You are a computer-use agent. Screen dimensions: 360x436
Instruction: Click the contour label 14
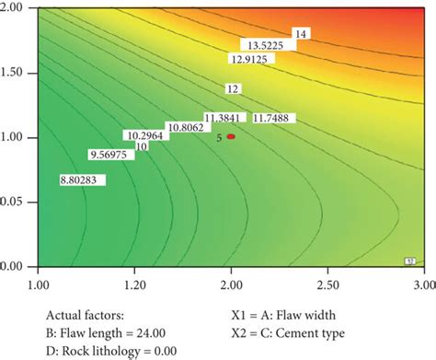[x=300, y=34]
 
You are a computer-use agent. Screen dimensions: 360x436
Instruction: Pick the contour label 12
[x=233, y=89]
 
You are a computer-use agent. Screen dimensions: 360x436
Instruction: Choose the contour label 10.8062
[x=185, y=127]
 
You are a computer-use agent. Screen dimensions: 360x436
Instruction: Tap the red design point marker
[x=232, y=136]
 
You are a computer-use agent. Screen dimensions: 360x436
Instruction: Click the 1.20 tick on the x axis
[x=134, y=273]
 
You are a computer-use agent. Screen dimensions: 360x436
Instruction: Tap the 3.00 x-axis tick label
[x=424, y=273]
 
